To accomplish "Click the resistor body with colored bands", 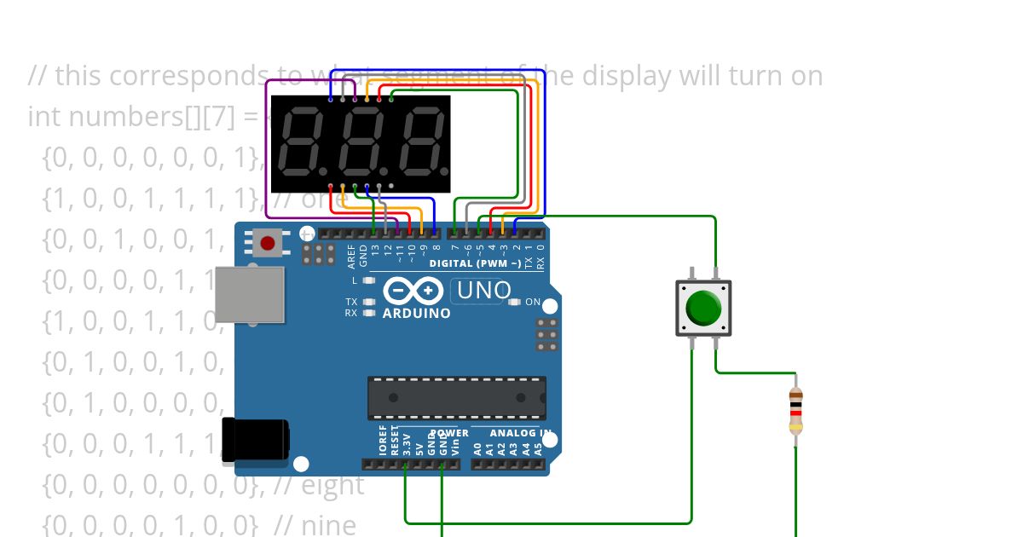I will [795, 410].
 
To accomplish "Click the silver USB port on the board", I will [249, 295].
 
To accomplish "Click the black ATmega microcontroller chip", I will [456, 398].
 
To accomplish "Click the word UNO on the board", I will [483, 291].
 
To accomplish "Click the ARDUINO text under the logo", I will [417, 313].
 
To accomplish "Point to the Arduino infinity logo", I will [413, 292].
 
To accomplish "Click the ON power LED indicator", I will [514, 302].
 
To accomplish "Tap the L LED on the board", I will [368, 280].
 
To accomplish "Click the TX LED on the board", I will [368, 302].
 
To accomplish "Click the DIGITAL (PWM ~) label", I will [475, 263].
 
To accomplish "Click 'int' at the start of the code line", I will [42, 116].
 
